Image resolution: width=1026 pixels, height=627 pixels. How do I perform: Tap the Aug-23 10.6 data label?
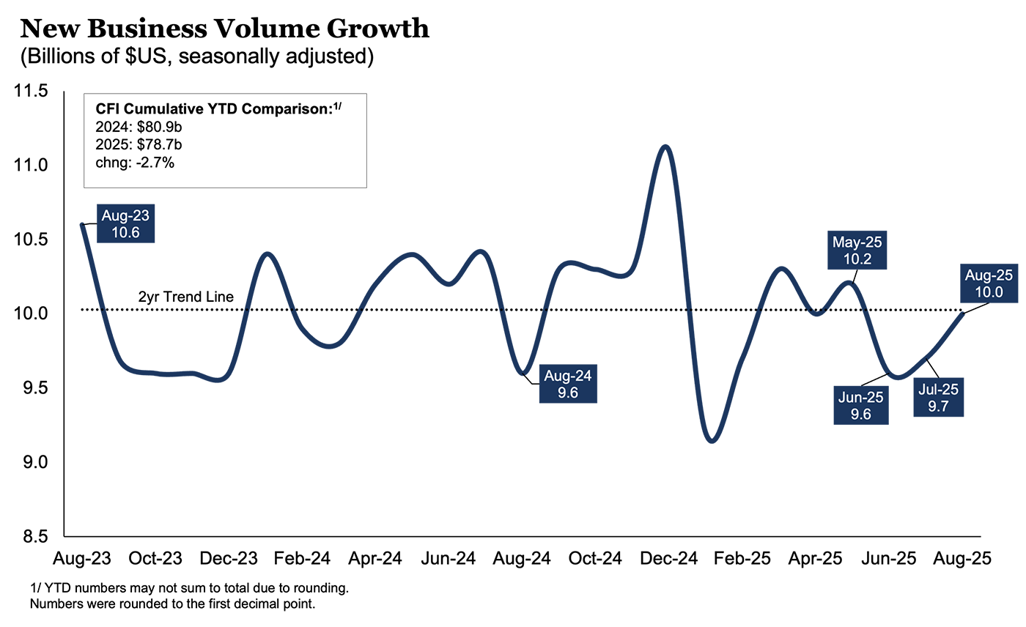point(125,223)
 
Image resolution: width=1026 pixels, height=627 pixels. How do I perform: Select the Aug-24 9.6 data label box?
point(567,383)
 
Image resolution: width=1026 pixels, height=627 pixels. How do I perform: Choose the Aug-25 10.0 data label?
point(992,283)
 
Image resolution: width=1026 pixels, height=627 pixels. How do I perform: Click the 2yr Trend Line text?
point(185,297)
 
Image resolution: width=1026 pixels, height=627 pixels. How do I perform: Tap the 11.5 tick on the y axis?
point(31,92)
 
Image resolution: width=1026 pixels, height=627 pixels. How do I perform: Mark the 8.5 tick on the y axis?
point(31,537)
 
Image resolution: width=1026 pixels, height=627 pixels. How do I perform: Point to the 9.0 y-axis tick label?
point(31,463)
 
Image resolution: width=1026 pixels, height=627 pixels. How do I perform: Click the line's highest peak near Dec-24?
point(665,146)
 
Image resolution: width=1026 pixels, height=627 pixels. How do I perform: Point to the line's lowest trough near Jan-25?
point(712,441)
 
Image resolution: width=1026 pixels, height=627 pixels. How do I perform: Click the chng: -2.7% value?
point(135,163)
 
